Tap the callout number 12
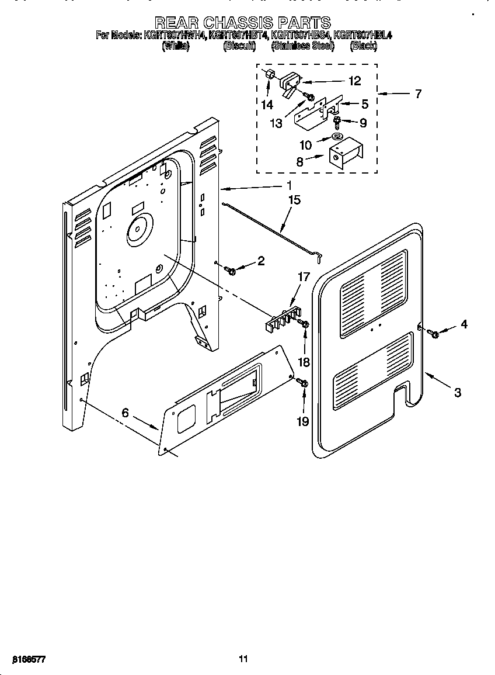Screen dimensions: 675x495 (x=354, y=81)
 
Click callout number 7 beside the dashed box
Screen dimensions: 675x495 (x=419, y=94)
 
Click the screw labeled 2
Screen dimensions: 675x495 (x=231, y=269)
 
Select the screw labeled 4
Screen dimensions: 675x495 (x=434, y=333)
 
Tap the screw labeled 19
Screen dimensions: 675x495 (x=302, y=383)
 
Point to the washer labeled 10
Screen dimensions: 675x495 (x=337, y=136)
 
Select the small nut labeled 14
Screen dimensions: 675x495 (x=270, y=76)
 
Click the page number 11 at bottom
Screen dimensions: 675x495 (x=243, y=659)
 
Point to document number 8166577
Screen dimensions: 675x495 (x=28, y=659)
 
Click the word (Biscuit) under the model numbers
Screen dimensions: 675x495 (x=239, y=46)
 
